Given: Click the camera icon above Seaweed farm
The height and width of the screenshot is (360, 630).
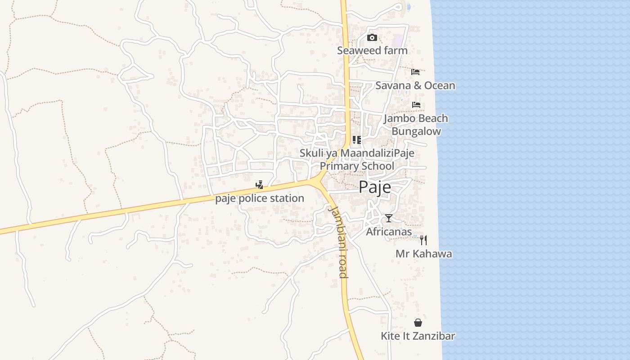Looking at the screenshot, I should point(372,38).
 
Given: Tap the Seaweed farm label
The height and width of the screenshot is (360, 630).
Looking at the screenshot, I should point(372,50).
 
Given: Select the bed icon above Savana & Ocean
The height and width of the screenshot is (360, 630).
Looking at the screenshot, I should point(415,72).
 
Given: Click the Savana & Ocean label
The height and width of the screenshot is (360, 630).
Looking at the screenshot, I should point(415,85).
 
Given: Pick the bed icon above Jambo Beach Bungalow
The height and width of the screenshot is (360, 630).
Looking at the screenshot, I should point(416,105).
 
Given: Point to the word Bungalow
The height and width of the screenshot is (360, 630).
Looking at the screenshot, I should point(416,131).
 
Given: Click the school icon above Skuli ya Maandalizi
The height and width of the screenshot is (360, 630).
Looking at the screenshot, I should point(357,140).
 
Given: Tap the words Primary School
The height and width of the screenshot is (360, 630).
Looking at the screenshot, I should point(357,166).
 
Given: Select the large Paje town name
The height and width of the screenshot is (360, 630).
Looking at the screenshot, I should point(375,187).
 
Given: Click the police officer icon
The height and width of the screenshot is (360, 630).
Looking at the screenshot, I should point(259,184).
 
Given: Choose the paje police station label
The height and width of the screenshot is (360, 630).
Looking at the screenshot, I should point(260,198).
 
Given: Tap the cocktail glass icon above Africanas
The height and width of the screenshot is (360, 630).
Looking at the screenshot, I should point(389,218).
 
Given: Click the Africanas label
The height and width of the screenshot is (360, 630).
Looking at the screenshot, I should point(389,232).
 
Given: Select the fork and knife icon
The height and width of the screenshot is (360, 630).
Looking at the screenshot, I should point(423,240).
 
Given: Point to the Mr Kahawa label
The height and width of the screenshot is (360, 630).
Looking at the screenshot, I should point(423,254).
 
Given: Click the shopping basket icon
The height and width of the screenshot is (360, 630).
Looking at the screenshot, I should point(418,323).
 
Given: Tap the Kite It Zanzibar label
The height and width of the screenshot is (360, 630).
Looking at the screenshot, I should point(418,336).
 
